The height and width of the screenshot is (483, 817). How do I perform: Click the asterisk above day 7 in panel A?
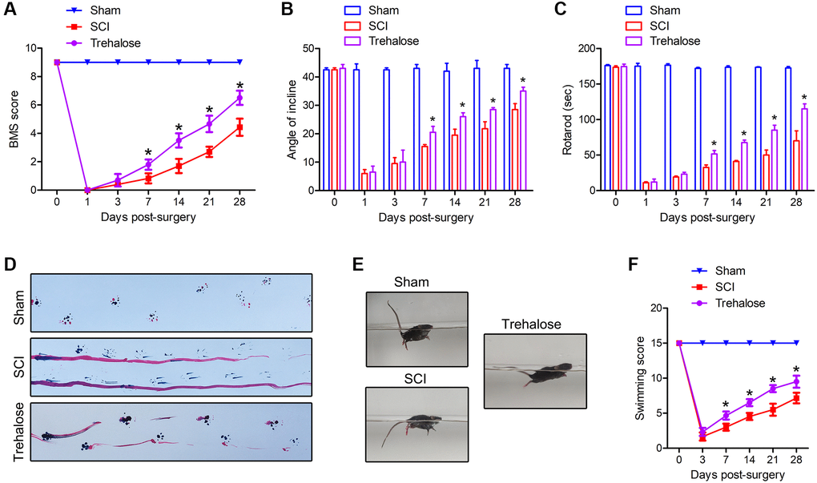tap(148, 152)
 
